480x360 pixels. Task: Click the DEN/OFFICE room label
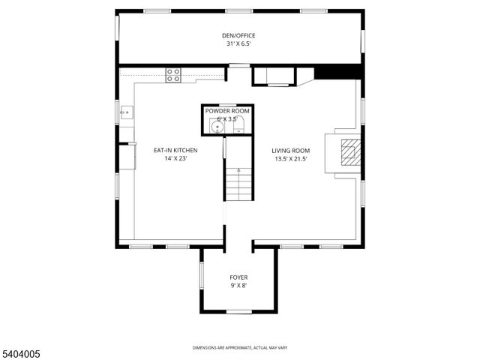[x=240, y=34]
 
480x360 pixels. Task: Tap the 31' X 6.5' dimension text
[x=240, y=43]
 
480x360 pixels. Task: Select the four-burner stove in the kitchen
[x=173, y=74]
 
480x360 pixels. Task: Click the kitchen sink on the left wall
[x=126, y=114]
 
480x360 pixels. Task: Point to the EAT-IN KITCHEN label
[x=175, y=150]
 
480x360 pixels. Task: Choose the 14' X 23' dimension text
[x=175, y=159]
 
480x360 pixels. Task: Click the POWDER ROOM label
[x=227, y=111]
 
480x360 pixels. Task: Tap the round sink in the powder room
[x=217, y=127]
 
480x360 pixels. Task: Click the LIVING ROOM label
[x=291, y=150]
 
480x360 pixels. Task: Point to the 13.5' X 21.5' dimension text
[x=291, y=159]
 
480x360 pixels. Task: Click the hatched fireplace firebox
[x=349, y=153]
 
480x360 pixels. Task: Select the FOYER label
[x=238, y=277]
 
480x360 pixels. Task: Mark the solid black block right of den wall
[x=338, y=73]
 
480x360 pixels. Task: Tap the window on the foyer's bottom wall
[x=238, y=311]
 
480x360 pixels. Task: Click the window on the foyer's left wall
[x=201, y=274]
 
